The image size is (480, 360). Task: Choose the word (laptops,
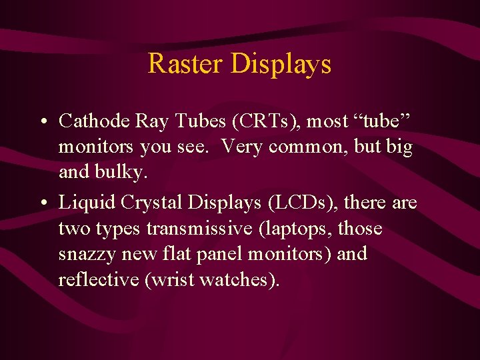(293, 229)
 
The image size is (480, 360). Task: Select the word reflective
(99, 280)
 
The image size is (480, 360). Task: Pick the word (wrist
(165, 280)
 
